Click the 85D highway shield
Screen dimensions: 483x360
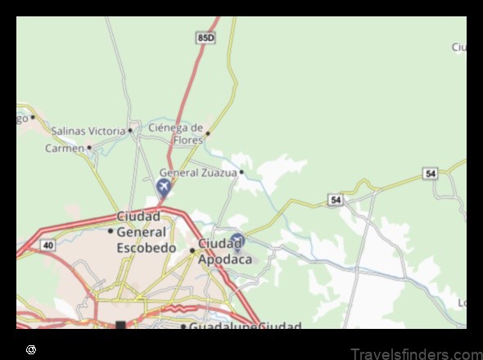coord(205,38)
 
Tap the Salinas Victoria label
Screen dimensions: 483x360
coord(88,131)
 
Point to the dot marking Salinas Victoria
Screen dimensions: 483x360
coord(130,130)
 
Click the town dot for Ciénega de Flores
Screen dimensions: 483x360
coord(208,133)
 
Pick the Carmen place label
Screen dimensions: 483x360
coord(65,148)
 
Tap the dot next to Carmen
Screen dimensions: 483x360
coord(89,148)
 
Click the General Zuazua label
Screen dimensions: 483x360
coord(197,173)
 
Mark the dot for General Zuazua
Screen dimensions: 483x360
coord(241,173)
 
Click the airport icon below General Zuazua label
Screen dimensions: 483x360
coord(163,189)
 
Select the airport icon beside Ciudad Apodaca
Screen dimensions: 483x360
coord(237,241)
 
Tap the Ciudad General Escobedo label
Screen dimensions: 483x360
coord(147,232)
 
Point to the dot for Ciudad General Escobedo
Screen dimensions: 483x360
coord(111,232)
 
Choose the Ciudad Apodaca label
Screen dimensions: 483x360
coord(221,250)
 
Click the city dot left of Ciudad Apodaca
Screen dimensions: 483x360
coord(193,250)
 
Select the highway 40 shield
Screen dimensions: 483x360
coord(48,245)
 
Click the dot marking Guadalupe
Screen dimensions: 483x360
coord(183,326)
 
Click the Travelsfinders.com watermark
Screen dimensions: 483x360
coord(414,353)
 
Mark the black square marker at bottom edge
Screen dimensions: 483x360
coord(121,326)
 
